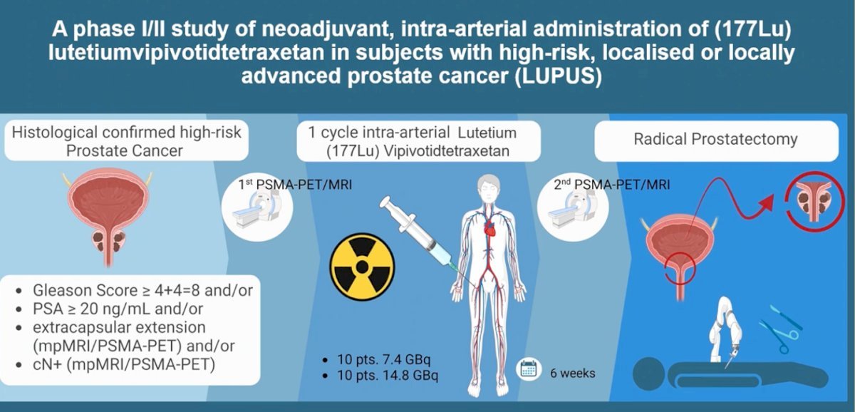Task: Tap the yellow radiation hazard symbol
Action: tap(362, 267)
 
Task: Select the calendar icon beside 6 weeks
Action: tap(529, 369)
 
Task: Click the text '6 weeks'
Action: tap(573, 373)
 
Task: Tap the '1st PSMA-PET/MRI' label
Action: tap(295, 185)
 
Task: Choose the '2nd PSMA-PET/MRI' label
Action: tap(612, 185)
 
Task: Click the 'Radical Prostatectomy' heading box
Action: tap(717, 140)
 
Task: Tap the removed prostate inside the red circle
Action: tap(814, 201)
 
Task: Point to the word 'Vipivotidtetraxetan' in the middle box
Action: tap(446, 151)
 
